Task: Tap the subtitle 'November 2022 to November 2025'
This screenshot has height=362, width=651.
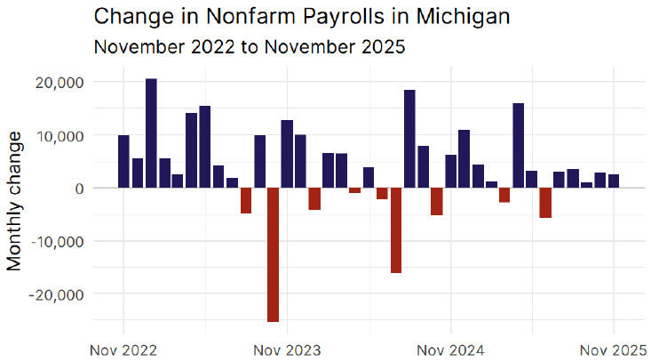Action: click(249, 47)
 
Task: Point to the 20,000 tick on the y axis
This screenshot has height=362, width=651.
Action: click(58, 83)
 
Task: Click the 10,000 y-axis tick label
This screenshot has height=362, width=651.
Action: click(58, 135)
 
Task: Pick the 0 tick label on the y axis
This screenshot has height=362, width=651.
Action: click(79, 189)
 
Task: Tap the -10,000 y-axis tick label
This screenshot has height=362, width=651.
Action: click(55, 241)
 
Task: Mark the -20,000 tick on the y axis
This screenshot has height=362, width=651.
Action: click(55, 294)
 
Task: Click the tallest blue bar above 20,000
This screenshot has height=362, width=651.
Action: click(151, 133)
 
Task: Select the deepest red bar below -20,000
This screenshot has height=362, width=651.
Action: click(273, 254)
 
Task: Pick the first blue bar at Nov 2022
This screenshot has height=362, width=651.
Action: click(123, 162)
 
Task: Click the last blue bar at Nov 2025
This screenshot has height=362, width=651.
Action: click(614, 181)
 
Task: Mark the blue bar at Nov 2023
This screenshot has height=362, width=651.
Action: click(287, 154)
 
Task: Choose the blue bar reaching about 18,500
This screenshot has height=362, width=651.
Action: click(409, 139)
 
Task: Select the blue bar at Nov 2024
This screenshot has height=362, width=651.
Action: click(450, 172)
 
